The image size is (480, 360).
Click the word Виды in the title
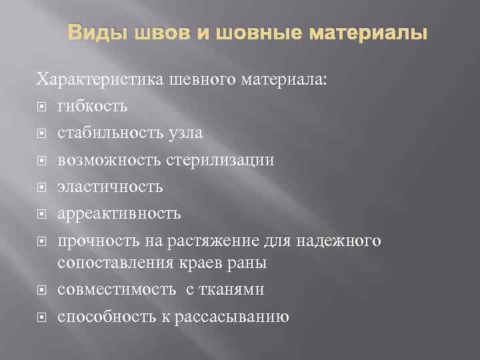(x=93, y=33)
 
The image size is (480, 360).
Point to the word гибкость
(x=92, y=107)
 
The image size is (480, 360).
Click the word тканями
(x=236, y=289)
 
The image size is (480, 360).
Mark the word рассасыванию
(x=233, y=316)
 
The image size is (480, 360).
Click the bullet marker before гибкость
(x=41, y=107)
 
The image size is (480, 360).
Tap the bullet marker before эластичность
(x=41, y=185)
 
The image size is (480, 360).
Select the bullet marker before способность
(x=41, y=316)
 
